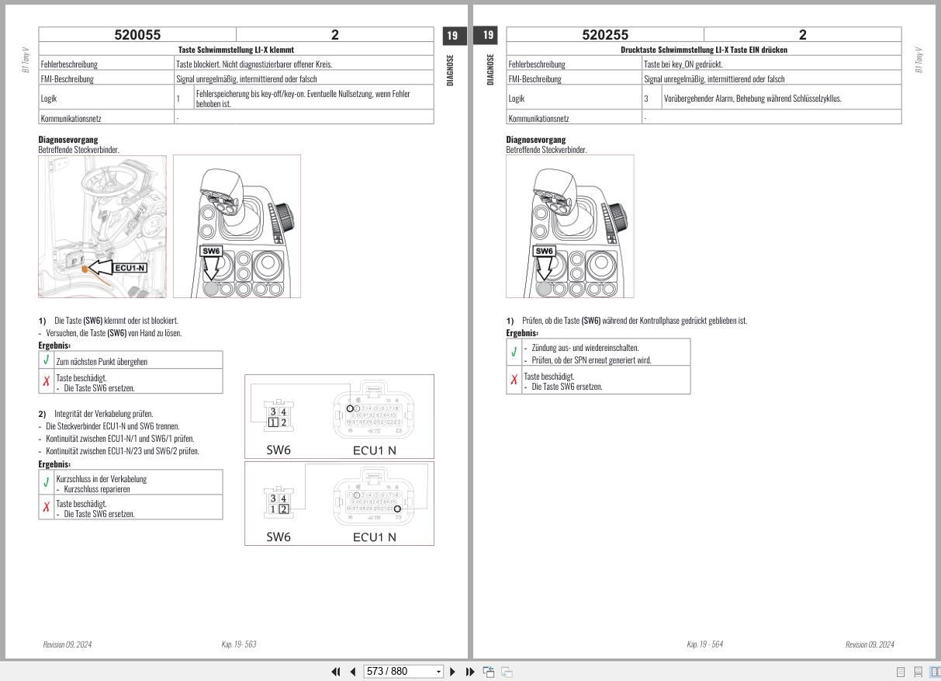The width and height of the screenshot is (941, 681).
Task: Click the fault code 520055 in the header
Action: pyautogui.click(x=137, y=35)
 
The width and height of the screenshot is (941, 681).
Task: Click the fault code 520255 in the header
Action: pyautogui.click(x=605, y=35)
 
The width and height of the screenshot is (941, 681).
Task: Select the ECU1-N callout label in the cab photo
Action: pyautogui.click(x=130, y=268)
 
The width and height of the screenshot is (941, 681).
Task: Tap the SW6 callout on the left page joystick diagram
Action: pyautogui.click(x=211, y=251)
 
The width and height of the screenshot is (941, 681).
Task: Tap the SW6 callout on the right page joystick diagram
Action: pyautogui.click(x=545, y=251)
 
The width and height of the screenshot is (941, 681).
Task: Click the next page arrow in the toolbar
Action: pyautogui.click(x=453, y=672)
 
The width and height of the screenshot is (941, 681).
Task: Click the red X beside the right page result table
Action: pyautogui.click(x=514, y=380)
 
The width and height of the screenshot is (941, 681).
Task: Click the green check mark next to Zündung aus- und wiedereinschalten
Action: pyautogui.click(x=514, y=353)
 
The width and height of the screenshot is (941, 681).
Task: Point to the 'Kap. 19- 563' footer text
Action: pyautogui.click(x=239, y=645)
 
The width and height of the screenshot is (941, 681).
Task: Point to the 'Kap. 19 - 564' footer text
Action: pyautogui.click(x=704, y=645)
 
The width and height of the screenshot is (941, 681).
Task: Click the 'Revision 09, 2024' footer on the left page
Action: pyautogui.click(x=67, y=645)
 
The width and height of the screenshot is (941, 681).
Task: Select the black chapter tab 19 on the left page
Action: pyautogui.click(x=454, y=36)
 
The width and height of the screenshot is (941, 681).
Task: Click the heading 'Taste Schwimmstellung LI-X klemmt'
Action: pyautogui.click(x=236, y=50)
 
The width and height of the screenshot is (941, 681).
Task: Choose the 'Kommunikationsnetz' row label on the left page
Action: pyautogui.click(x=71, y=119)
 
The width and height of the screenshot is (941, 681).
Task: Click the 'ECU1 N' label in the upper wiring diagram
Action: pyautogui.click(x=374, y=450)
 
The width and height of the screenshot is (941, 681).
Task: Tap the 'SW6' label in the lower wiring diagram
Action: pyautogui.click(x=278, y=537)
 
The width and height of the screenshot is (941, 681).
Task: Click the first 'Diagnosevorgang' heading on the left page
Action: pyautogui.click(x=67, y=140)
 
